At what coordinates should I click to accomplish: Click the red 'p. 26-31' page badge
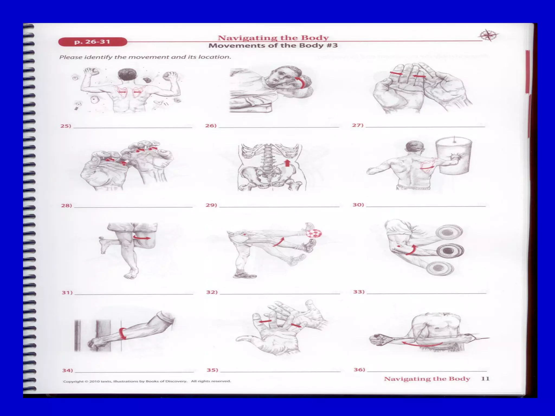click(92, 42)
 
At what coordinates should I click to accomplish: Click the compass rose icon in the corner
click(488, 35)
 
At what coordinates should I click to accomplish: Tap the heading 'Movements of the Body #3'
click(273, 45)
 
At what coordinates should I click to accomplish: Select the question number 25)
click(66, 126)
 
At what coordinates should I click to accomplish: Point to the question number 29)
click(211, 205)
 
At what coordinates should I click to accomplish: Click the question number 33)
click(359, 292)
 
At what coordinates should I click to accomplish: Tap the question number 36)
click(359, 370)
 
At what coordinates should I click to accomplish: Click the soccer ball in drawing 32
click(314, 233)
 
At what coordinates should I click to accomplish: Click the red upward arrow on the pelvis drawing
click(288, 163)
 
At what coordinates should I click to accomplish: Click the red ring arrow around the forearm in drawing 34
click(122, 333)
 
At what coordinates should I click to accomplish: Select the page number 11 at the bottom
click(485, 378)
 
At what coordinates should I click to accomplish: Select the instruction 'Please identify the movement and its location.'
click(145, 57)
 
